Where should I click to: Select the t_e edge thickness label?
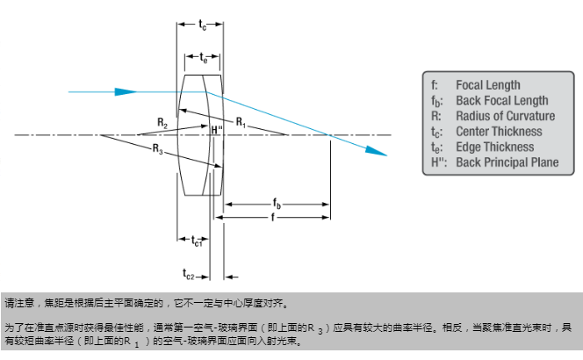(x=203, y=59)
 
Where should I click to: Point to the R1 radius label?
(x=241, y=121)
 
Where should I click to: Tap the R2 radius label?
(x=162, y=121)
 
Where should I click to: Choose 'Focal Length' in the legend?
(x=487, y=85)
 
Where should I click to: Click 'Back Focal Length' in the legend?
(x=501, y=100)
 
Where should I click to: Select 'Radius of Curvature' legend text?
(x=505, y=115)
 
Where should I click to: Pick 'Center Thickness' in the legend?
(x=498, y=131)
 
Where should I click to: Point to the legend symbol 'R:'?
(x=435, y=115)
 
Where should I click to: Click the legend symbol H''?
(x=438, y=161)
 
